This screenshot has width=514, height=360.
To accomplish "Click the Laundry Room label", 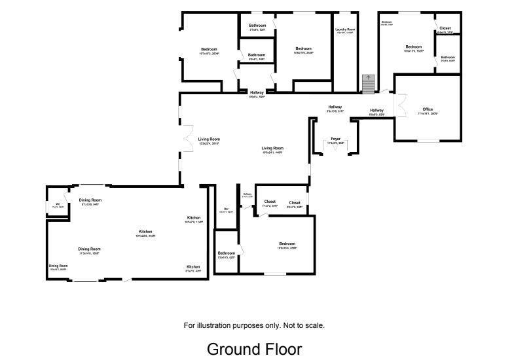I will point(346,30).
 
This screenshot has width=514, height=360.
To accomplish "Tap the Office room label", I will point(428,111).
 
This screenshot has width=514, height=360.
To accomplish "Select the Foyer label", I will point(335,139).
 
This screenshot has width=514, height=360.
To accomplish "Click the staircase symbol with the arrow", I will point(368,83).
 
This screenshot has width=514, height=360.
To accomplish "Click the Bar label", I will point(226,209).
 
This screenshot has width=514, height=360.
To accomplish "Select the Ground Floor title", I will point(254,349).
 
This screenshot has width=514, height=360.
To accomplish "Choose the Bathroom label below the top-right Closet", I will point(448,58).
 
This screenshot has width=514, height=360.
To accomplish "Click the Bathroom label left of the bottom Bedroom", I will point(227,254).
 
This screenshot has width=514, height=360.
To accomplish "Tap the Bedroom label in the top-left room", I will point(209,50).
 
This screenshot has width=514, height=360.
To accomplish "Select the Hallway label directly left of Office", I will point(376,111).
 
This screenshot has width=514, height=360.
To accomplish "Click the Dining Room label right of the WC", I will point(90,201).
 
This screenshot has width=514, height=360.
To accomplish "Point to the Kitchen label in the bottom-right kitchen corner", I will point(193,268).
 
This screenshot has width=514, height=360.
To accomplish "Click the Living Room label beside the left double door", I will point(209,140).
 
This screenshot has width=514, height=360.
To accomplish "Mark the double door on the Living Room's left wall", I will point(186,138).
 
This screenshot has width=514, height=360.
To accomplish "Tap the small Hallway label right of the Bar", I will point(247,194).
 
